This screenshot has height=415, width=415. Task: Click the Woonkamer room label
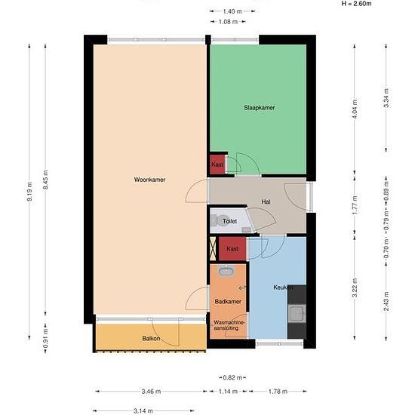tap(150, 180)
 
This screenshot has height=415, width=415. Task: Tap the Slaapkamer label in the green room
tap(259, 108)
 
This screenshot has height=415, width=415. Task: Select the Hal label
tap(266, 202)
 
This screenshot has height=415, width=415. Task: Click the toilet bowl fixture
tap(218, 220)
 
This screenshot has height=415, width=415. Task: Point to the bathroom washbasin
tap(226, 271)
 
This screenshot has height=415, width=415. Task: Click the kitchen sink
tap(297, 314)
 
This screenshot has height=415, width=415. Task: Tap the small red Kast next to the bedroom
tap(217, 164)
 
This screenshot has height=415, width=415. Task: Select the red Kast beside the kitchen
tap(232, 249)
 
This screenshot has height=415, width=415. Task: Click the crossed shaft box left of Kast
tap(213, 248)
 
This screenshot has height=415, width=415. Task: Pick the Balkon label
tap(151, 339)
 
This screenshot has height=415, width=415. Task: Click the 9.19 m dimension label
tap(29, 192)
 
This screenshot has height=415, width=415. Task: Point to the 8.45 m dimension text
tap(45, 180)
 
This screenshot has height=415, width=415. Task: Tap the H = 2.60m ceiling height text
tap(356, 4)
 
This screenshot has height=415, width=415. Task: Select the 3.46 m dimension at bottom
tap(151, 392)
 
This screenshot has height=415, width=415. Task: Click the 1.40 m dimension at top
tap(232, 11)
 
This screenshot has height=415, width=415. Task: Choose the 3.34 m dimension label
tap(386, 98)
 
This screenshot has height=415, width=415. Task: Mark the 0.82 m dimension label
tap(232, 378)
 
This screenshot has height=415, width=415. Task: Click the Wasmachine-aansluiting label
tap(229, 325)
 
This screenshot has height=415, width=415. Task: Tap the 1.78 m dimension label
tap(278, 392)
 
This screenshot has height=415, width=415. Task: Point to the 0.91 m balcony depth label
tap(45, 339)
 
